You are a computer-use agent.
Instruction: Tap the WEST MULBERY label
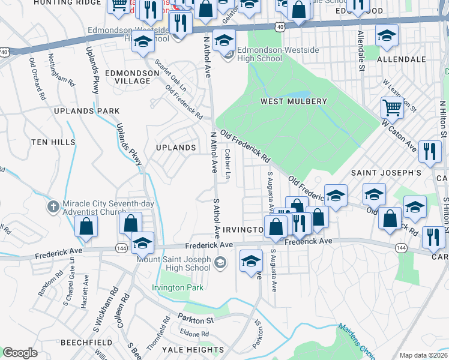coord(294,101)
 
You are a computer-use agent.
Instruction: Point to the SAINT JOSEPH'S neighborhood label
coord(385,173)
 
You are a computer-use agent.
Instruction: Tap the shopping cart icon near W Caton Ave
coord(392,109)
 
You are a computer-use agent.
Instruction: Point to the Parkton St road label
coord(194,319)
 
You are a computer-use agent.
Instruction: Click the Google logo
coord(20,353)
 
